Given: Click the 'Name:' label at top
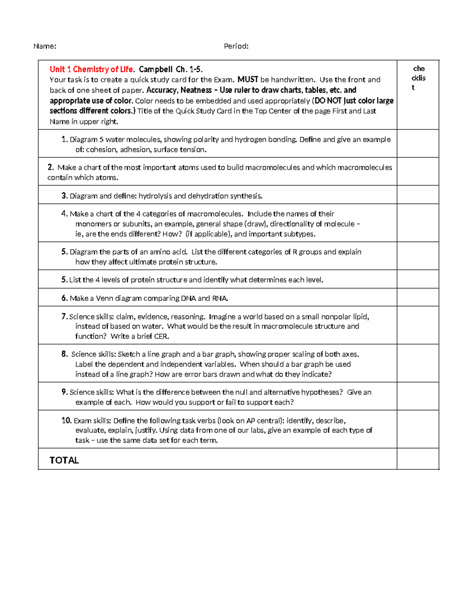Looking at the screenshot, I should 45,46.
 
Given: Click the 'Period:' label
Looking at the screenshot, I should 236,46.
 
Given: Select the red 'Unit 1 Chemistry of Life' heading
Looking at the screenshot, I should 91,69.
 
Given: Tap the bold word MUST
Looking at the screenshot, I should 248,80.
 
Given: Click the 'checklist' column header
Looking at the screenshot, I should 418,78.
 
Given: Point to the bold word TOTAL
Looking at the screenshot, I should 64,460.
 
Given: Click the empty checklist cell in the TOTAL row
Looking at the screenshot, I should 418,459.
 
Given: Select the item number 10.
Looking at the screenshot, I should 66,421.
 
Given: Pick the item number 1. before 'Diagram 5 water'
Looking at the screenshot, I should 65,139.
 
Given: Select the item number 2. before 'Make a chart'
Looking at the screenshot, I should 50,167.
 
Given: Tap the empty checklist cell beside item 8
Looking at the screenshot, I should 418,363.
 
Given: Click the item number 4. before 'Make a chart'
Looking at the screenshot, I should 65,214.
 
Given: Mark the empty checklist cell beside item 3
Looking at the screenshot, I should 418,195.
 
